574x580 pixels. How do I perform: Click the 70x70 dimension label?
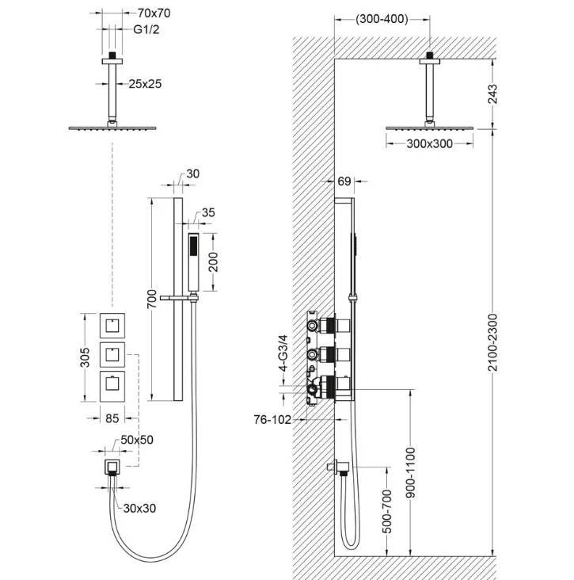(154, 13)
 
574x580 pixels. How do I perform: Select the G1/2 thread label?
(146, 29)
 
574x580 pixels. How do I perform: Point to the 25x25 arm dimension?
(145, 84)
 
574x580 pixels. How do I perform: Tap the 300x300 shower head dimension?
(429, 143)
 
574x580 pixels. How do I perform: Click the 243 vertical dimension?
(492, 94)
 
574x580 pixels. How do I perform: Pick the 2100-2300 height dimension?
(492, 342)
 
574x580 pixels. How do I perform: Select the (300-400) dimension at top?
(382, 19)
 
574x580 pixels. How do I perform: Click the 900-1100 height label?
(411, 472)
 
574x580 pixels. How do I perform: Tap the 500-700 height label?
(386, 511)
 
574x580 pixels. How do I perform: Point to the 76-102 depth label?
(272, 419)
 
